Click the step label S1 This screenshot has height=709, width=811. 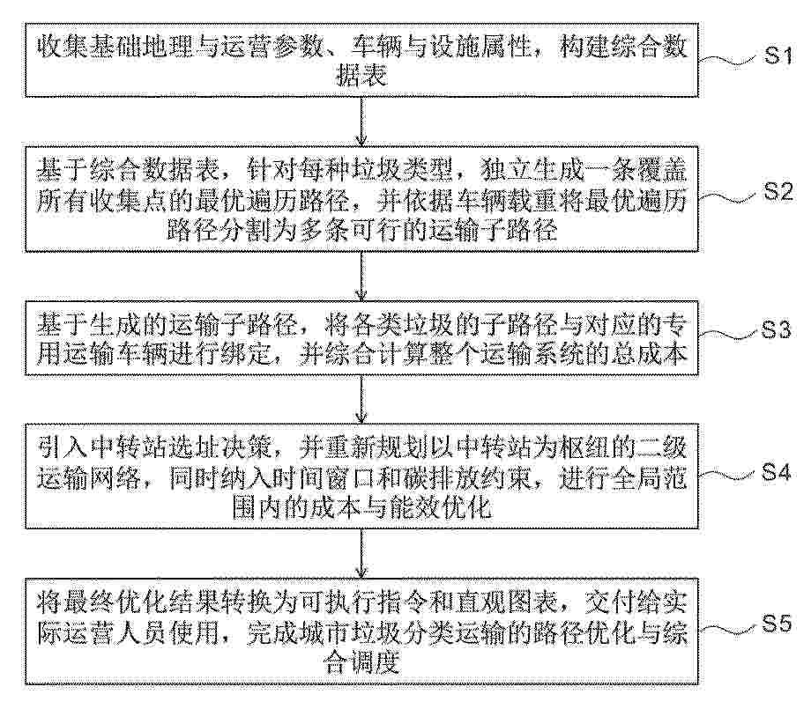click(x=778, y=55)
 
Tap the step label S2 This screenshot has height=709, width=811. click(x=778, y=192)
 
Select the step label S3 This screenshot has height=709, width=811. click(x=776, y=329)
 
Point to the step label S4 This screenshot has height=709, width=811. click(x=776, y=472)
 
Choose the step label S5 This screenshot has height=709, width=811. click(x=777, y=624)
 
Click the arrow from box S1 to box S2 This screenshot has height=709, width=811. click(x=361, y=121)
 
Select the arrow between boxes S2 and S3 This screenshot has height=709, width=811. click(x=361, y=276)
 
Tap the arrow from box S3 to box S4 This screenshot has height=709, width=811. click(x=361, y=398)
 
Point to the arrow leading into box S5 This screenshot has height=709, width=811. click(x=361, y=552)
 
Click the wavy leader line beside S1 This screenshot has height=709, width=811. click(x=728, y=60)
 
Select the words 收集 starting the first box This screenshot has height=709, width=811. click(x=62, y=48)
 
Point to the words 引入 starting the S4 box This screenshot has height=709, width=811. click(x=62, y=447)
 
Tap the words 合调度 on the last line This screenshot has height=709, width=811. click(x=361, y=662)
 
